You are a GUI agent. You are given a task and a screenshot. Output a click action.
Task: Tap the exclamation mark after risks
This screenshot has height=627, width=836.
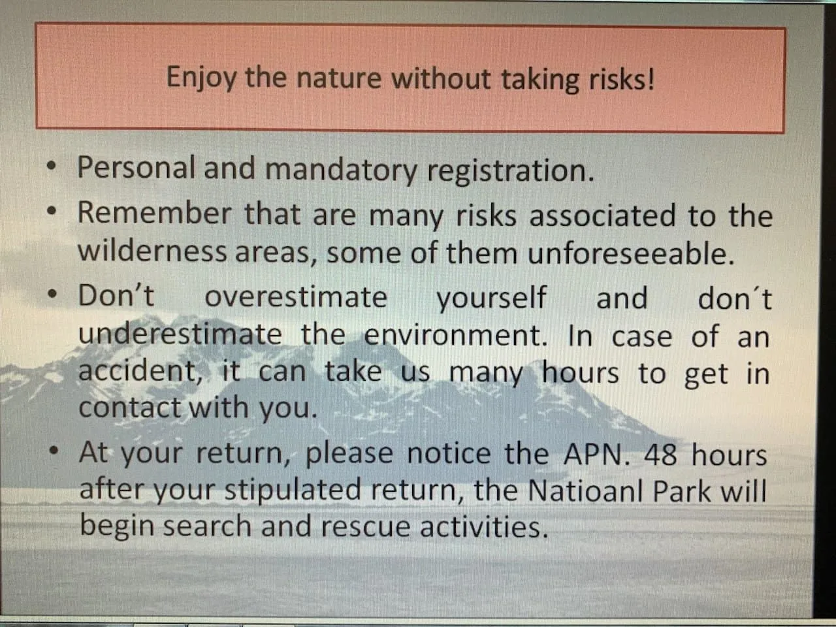point(649,78)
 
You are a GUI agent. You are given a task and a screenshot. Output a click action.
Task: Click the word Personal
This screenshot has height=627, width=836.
point(136,167)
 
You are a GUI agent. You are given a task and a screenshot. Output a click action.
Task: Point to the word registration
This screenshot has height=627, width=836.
point(511,171)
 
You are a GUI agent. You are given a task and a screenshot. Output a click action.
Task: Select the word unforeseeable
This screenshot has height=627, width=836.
point(631,252)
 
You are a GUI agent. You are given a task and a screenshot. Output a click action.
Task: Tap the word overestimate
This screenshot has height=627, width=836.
point(296,297)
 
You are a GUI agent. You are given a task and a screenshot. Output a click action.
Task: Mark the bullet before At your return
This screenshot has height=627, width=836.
point(55,451)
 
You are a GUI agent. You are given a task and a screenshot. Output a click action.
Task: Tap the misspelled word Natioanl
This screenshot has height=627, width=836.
point(585,490)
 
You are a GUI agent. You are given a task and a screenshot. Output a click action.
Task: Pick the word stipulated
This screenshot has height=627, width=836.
point(293,490)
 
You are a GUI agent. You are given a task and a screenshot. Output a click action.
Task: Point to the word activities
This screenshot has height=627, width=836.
point(485,526)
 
